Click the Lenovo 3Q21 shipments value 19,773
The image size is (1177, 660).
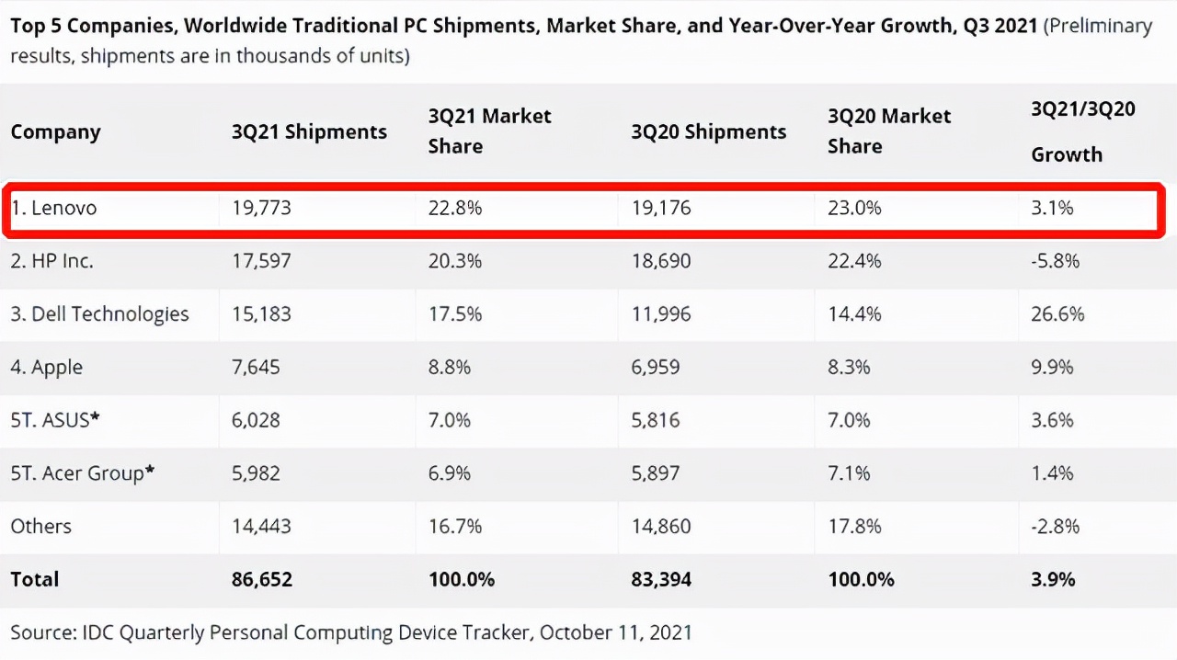(x=261, y=209)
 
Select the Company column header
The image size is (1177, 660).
(x=55, y=132)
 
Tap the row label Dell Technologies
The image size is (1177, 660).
(x=99, y=314)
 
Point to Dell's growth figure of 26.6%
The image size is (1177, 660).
(x=1057, y=314)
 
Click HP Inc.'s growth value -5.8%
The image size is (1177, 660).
(x=1055, y=261)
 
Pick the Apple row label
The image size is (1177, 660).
(x=47, y=368)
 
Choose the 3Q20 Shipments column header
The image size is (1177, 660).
(x=708, y=132)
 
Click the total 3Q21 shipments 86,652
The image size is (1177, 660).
(x=262, y=580)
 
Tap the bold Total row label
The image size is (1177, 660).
(x=35, y=580)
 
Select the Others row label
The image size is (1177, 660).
(x=40, y=527)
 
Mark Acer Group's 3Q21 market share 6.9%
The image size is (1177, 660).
(x=449, y=473)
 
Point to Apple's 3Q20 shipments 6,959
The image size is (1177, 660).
(x=655, y=368)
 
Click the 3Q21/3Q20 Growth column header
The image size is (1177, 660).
(x=1082, y=131)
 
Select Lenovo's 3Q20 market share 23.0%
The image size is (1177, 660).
(x=854, y=209)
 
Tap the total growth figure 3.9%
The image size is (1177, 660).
(x=1053, y=580)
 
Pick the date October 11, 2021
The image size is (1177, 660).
(x=615, y=632)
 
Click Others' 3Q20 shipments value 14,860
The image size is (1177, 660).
(x=660, y=527)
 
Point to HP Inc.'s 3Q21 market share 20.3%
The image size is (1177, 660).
(x=454, y=261)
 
